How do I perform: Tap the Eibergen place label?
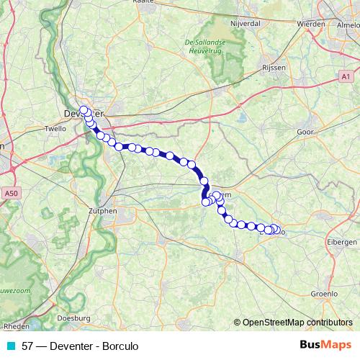[x=342, y=242]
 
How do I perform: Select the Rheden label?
[x=16, y=325]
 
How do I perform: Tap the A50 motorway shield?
[x=10, y=194]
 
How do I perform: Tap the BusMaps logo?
[x=325, y=346]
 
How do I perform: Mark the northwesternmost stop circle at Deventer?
[x=84, y=110]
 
